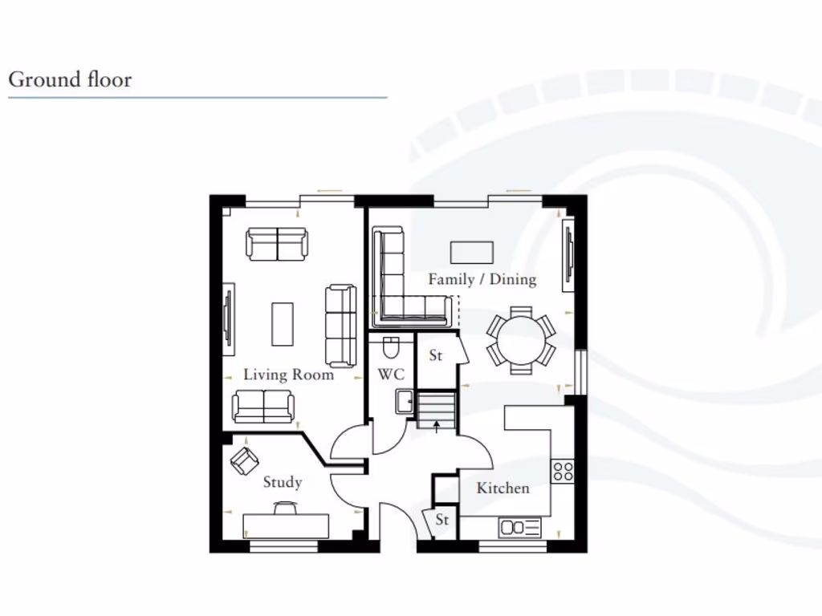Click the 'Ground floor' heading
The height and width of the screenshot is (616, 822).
tap(70, 80)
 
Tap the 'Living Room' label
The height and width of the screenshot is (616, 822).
tap(288, 375)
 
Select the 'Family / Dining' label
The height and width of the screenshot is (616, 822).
tap(482, 279)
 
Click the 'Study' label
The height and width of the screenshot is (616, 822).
tap(283, 482)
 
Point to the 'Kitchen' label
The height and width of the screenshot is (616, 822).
tap(503, 488)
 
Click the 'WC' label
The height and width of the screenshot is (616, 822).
tap(391, 375)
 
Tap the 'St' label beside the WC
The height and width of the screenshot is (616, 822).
tap(436, 355)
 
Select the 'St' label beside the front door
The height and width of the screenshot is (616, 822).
tap(442, 520)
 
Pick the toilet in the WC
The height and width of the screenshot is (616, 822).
tap(391, 347)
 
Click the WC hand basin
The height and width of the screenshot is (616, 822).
tap(404, 401)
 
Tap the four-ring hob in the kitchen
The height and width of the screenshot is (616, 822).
tap(563, 471)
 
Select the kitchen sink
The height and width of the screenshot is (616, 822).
tap(520, 527)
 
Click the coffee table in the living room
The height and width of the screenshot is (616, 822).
tap(283, 323)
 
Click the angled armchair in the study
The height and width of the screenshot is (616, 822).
tap(244, 460)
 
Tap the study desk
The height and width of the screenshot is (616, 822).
tap(287, 526)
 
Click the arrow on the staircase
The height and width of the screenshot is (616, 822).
tap(436, 426)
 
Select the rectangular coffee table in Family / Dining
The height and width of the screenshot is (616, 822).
tap(471, 252)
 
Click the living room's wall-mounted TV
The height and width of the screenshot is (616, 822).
tap(228, 318)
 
